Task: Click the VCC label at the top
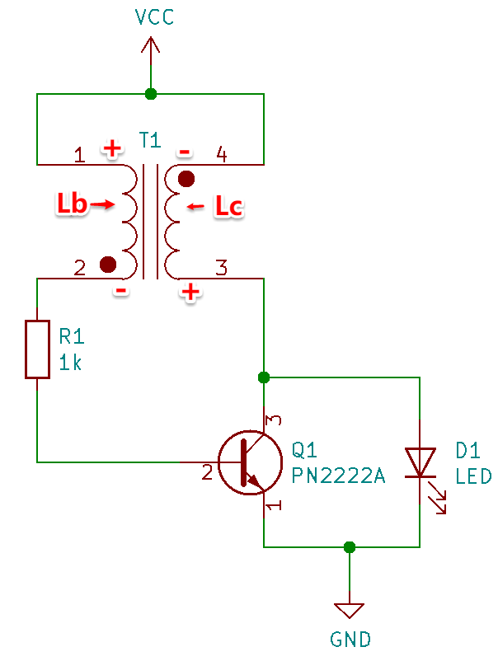(154, 16)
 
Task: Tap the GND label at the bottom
(350, 639)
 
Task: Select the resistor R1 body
(38, 349)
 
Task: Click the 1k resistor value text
(70, 363)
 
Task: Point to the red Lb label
(72, 204)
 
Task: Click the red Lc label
(229, 207)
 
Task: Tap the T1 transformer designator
(150, 140)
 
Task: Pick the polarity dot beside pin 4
(186, 179)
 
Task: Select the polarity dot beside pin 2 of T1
(108, 265)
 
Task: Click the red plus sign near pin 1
(113, 148)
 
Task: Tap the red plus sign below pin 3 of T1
(190, 291)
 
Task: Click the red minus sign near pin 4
(184, 152)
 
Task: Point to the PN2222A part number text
(339, 476)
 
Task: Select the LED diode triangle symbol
(420, 462)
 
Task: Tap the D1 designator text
(467, 451)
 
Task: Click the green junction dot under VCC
(151, 94)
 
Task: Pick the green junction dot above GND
(350, 547)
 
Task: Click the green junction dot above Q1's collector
(264, 377)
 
